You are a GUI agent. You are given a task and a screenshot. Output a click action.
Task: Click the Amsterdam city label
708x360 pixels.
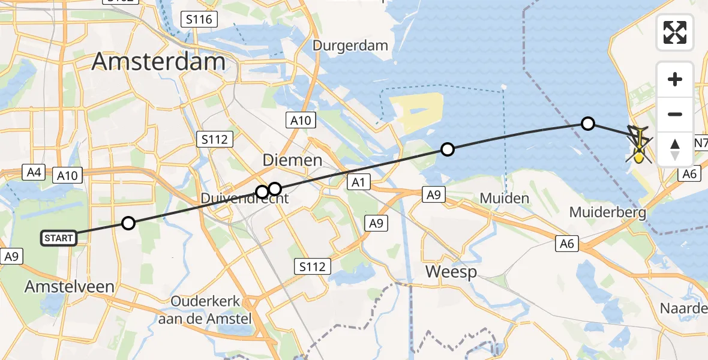point(158,62)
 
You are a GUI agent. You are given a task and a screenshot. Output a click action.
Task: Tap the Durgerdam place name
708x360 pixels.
point(351,46)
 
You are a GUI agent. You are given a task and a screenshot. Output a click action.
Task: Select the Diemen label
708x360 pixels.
point(292,160)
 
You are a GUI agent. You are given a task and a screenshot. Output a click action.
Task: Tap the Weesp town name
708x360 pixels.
point(451,272)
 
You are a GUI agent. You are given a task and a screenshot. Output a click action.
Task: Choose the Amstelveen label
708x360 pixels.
point(69,287)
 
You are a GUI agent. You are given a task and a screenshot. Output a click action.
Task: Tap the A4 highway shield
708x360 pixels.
point(34,173)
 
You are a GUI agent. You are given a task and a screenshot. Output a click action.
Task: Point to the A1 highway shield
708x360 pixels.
point(358,182)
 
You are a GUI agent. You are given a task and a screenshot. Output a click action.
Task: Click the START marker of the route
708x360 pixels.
point(59,238)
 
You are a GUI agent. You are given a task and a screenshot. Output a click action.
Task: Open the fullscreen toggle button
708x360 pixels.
point(675,32)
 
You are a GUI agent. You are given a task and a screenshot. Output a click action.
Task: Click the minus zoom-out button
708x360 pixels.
point(675,114)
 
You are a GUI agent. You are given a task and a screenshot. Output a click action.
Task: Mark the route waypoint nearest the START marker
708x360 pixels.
point(128,224)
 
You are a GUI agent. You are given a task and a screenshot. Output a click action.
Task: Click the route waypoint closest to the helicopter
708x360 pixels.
point(588,124)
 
